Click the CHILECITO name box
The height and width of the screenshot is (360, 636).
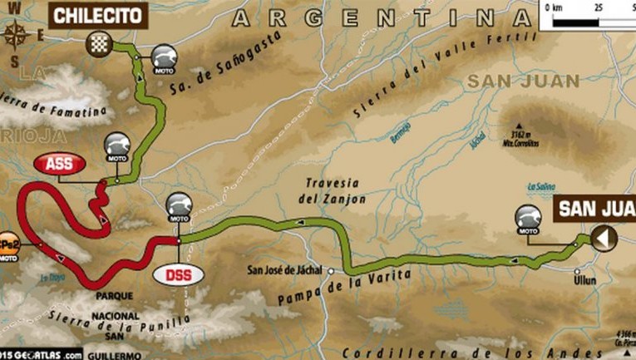pyautogui.click(x=99, y=14)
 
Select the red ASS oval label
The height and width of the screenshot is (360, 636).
pyautogui.click(x=58, y=164)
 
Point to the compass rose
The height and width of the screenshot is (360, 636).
pyautogui.click(x=14, y=35)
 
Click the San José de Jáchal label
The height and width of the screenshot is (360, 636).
pyautogui.click(x=288, y=269)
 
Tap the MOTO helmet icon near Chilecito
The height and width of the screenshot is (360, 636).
pyautogui.click(x=163, y=58)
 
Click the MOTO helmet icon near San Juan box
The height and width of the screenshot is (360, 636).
pyautogui.click(x=528, y=219)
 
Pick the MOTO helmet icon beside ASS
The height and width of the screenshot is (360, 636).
pyautogui.click(x=116, y=147)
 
